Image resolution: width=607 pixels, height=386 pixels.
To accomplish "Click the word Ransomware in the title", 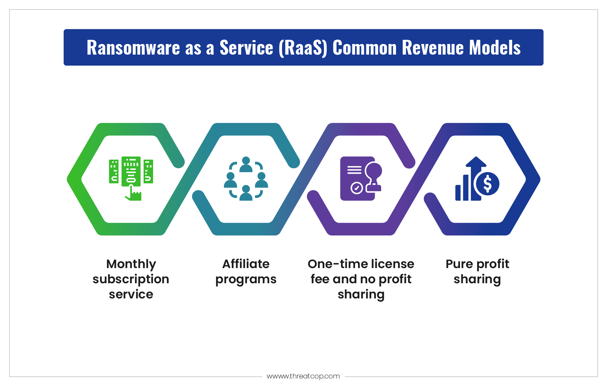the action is tap(133, 47).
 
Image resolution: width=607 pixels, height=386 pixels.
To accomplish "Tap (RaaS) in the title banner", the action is tap(303, 48).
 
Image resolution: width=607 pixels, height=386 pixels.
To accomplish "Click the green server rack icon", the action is tap(131, 171).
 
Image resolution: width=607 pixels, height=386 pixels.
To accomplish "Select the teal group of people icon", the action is tap(246, 179).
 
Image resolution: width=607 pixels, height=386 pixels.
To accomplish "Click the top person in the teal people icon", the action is tap(246, 165).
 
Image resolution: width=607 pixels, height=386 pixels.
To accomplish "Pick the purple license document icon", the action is tap(361, 179).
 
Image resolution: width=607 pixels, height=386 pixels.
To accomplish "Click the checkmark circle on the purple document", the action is tap(357, 188).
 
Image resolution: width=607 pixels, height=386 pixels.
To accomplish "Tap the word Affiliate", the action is tap(246, 264).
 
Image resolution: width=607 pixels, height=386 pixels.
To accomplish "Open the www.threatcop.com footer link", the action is tap(303, 376).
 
